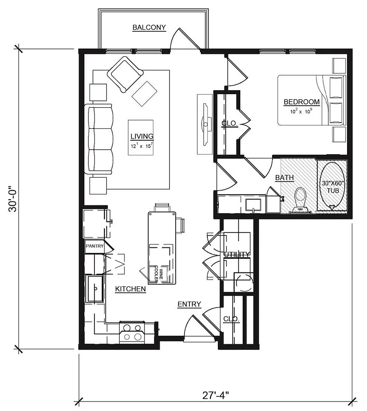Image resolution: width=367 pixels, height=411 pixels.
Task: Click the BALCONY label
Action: tap(149, 27)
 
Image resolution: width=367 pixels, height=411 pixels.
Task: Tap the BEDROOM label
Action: tap(301, 102)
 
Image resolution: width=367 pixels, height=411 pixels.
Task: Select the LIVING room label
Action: tap(142, 136)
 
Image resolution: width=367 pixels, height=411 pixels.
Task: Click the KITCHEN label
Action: tap(130, 289)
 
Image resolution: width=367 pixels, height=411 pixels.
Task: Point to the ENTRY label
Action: tap(189, 304)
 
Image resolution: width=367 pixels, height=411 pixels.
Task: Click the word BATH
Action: tap(284, 177)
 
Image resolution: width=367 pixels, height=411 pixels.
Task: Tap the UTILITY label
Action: tap(237, 254)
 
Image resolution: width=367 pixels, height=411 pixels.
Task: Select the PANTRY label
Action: tap(94, 246)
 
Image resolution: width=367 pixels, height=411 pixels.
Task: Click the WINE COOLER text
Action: tap(159, 274)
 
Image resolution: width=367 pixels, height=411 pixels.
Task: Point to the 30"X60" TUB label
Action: tap(333, 187)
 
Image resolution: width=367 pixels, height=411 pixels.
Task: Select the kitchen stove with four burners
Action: tap(132, 332)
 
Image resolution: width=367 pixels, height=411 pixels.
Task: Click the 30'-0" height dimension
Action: tap(13, 199)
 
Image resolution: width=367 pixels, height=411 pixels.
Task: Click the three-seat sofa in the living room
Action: tap(99, 139)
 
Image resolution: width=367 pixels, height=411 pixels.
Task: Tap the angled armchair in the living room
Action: tap(125, 75)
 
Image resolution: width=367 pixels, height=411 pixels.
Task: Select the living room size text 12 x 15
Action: tap(142, 146)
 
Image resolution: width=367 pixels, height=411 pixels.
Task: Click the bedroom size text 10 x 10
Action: tap(301, 111)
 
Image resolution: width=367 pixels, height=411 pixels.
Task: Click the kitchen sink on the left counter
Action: tap(95, 289)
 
